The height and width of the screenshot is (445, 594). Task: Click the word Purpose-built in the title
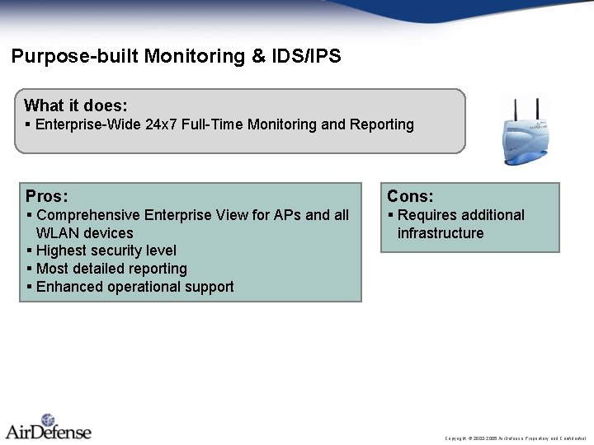click(x=74, y=57)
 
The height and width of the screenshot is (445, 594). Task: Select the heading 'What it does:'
click(x=76, y=105)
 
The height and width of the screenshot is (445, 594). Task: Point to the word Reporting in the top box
click(x=380, y=124)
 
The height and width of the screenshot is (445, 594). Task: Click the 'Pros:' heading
click(x=47, y=196)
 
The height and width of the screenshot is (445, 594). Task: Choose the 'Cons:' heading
click(x=410, y=196)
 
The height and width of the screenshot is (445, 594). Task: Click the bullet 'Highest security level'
click(x=106, y=251)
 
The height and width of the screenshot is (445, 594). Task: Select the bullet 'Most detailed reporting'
click(x=111, y=269)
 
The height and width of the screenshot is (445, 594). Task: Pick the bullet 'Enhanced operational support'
click(x=134, y=287)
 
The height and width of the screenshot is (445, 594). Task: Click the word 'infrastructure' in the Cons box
click(x=441, y=233)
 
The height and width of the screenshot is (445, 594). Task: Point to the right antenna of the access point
click(x=537, y=110)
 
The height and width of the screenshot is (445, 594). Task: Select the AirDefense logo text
click(x=49, y=431)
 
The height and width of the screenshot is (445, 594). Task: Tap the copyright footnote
click(x=515, y=438)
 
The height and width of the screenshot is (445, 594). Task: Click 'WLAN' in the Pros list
click(x=56, y=233)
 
